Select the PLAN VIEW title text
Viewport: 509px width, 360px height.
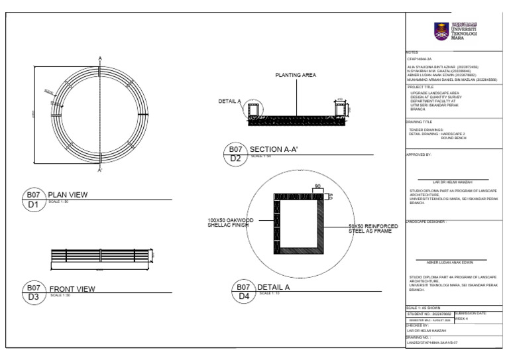[68, 195]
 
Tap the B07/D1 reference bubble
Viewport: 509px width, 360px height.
[33, 199]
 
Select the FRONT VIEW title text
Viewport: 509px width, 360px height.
[72, 288]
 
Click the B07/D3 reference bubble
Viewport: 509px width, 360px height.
[33, 292]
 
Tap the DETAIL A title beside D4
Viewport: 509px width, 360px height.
[274, 287]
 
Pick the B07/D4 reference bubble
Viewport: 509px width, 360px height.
[243, 292]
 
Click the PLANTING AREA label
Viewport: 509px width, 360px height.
[295, 76]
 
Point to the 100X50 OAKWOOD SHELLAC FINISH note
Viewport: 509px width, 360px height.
[228, 223]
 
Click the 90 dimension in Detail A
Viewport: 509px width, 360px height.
[317, 186]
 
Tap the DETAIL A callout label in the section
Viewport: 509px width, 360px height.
[229, 101]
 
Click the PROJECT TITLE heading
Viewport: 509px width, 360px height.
[420, 87]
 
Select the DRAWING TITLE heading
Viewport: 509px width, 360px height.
[419, 122]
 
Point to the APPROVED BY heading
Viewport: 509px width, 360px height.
[418, 154]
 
